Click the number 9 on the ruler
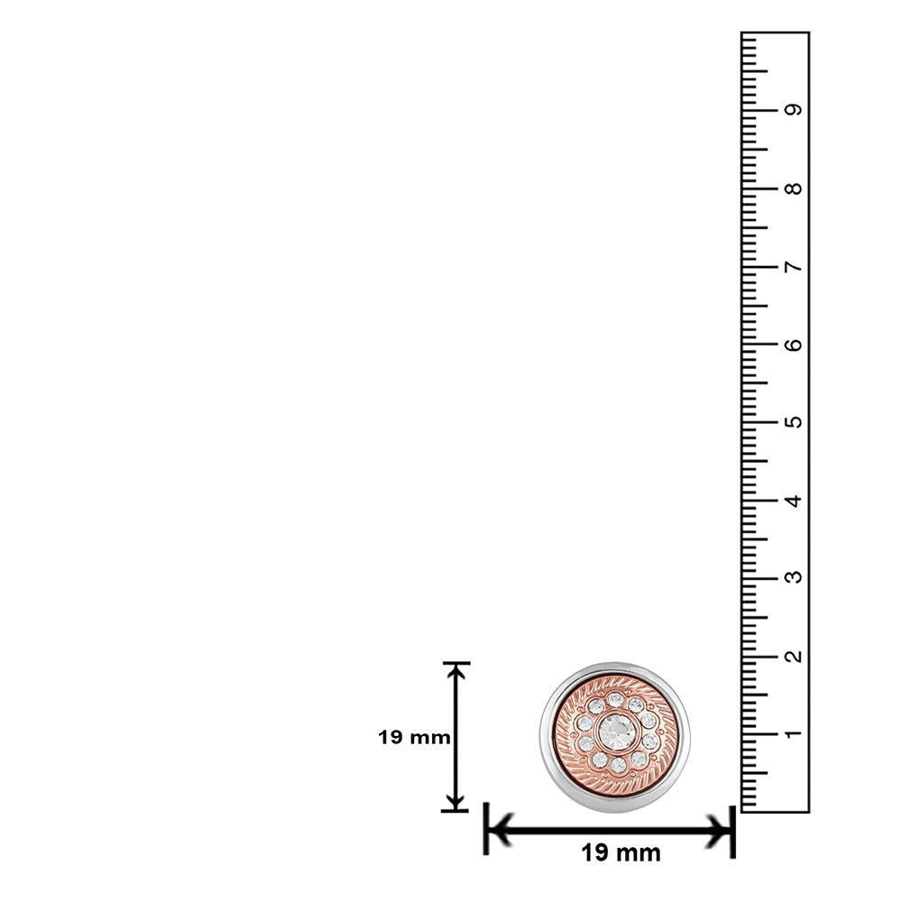point(793,109)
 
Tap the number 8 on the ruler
point(793,189)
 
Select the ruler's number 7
point(793,267)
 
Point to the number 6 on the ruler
point(793,345)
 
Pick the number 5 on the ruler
point(793,421)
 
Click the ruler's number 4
point(793,501)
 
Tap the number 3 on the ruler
point(793,577)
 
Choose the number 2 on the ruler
point(793,656)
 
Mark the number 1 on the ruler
point(793,733)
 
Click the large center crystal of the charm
point(616,731)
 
